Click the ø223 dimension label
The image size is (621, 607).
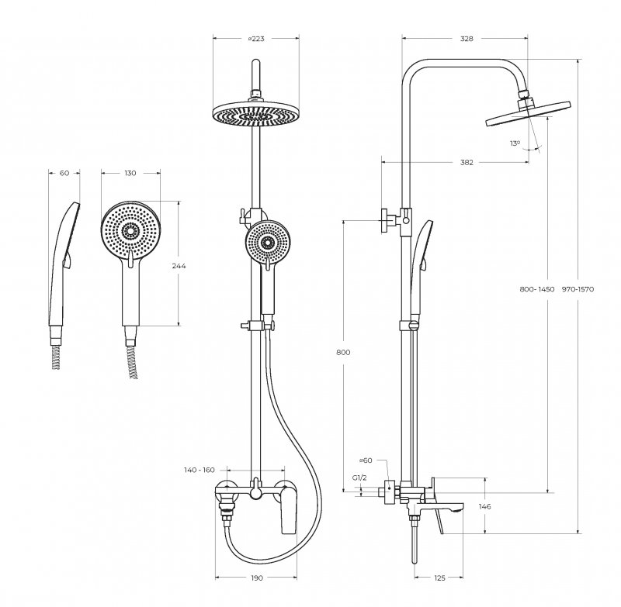[x=255, y=38]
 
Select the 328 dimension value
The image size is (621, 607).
[x=467, y=38]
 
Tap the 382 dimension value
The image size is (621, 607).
[x=466, y=162]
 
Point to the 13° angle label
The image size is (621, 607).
[x=515, y=143]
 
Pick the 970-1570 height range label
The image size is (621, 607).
[x=578, y=289]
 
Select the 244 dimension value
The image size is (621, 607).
[x=179, y=265]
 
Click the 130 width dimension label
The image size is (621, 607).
[x=130, y=173]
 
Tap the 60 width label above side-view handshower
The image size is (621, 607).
[x=64, y=173]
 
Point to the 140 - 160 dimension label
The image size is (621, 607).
[x=199, y=470]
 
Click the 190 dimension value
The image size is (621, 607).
[x=257, y=578]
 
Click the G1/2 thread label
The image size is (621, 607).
[x=359, y=478]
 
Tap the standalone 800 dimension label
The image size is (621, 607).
[x=343, y=352]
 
